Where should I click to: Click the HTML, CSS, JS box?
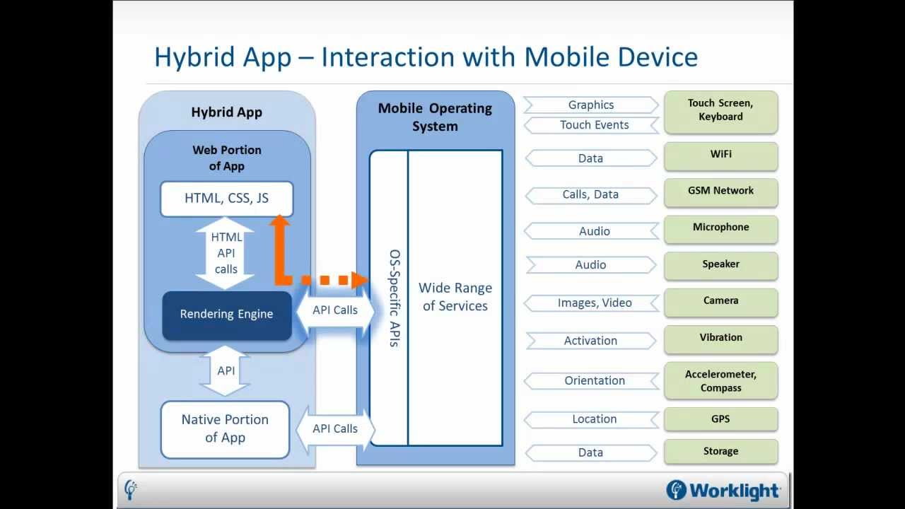[x=226, y=199]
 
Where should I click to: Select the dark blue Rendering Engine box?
[x=226, y=315]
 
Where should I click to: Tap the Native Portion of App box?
[x=225, y=429]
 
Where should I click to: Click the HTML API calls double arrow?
[x=226, y=253]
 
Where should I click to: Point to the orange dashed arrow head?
[x=360, y=280]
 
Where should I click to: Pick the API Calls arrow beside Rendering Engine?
[x=335, y=310]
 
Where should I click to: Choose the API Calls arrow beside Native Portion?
[x=335, y=429]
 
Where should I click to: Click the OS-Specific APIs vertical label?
[x=395, y=298]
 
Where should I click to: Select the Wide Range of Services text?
[x=455, y=297]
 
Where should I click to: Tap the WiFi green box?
[x=720, y=155]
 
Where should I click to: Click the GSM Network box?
[x=720, y=192]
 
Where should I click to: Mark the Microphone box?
[x=720, y=228]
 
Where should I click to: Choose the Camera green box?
[x=720, y=302]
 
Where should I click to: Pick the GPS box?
[x=720, y=419]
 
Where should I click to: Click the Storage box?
[x=720, y=452]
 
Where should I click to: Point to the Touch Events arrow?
[x=593, y=125]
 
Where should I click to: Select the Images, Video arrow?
[x=593, y=303]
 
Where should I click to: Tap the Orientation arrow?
[x=593, y=381]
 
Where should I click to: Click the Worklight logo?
[x=723, y=490]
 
